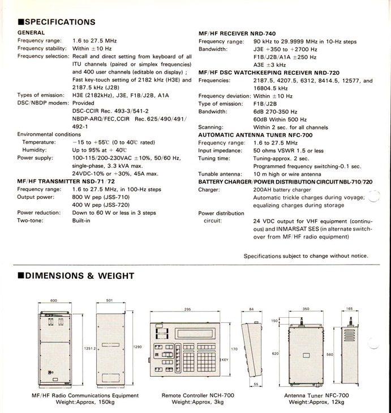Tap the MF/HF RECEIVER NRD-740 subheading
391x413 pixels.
point(238,33)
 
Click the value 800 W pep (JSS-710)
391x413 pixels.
point(106,197)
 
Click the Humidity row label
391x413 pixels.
point(35,149)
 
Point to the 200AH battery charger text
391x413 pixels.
point(282,189)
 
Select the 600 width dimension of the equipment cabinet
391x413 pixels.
point(54,301)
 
